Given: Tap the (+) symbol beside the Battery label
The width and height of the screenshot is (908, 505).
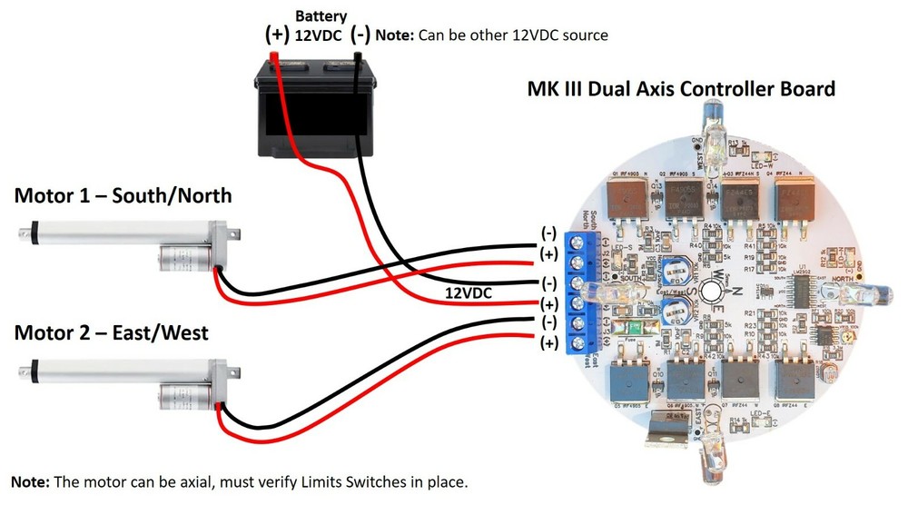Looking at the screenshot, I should (x=275, y=35).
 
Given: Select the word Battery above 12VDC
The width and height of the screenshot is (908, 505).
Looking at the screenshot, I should (x=320, y=15).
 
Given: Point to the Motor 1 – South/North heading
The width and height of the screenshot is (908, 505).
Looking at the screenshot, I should (x=123, y=195).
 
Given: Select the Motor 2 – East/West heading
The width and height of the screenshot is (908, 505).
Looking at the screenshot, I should (x=111, y=333).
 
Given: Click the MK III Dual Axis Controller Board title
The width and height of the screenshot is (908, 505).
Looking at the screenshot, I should (x=681, y=89).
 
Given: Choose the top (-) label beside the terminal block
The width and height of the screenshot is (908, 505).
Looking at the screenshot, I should (x=548, y=232).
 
